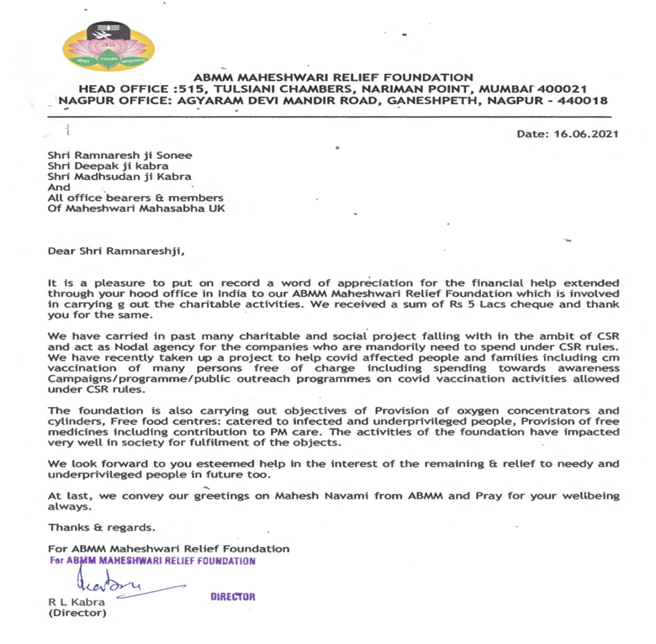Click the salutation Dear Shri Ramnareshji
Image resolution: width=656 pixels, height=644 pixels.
coord(115,251)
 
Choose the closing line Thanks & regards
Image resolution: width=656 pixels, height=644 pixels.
coord(101,528)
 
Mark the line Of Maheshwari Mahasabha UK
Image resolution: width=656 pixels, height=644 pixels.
coord(136,208)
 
